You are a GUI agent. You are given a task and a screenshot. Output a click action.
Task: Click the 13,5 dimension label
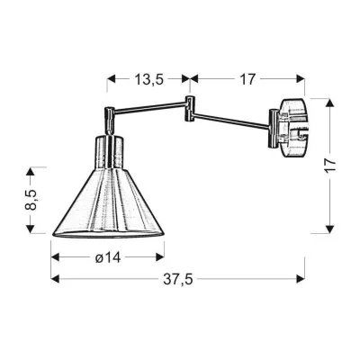(148, 80)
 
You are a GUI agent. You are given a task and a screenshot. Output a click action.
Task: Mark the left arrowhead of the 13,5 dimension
(112, 80)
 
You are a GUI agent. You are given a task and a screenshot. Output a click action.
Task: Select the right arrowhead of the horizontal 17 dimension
(301, 80)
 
